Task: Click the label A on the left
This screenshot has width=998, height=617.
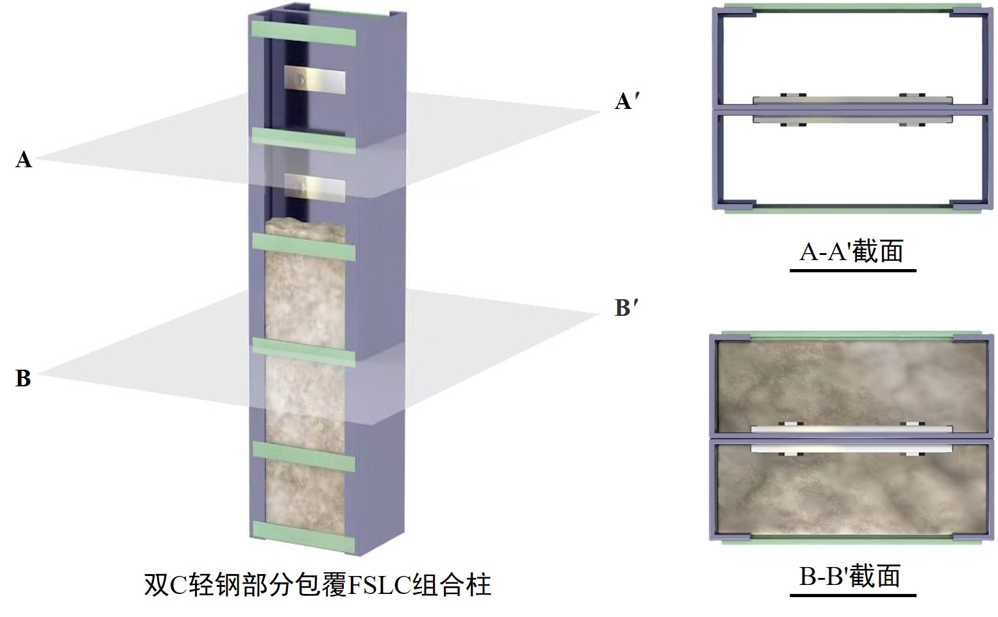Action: pyautogui.click(x=24, y=159)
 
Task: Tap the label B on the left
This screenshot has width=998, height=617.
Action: pyautogui.click(x=23, y=378)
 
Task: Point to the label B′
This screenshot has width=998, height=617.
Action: pyautogui.click(x=626, y=308)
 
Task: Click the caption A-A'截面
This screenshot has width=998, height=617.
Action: pyautogui.click(x=851, y=251)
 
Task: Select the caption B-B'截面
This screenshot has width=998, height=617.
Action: pyautogui.click(x=850, y=576)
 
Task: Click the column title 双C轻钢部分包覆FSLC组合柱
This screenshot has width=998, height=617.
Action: pyautogui.click(x=317, y=584)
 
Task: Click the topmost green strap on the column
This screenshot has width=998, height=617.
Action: pyautogui.click(x=305, y=33)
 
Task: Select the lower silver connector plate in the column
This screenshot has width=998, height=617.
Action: pyautogui.click(x=315, y=185)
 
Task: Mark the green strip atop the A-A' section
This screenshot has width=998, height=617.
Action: pyautogui.click(x=851, y=8)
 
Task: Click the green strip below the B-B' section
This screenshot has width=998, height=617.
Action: pyautogui.click(x=851, y=542)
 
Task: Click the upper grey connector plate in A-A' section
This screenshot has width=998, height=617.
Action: pyautogui.click(x=851, y=101)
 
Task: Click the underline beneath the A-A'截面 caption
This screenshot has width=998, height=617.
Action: pyautogui.click(x=852, y=270)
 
